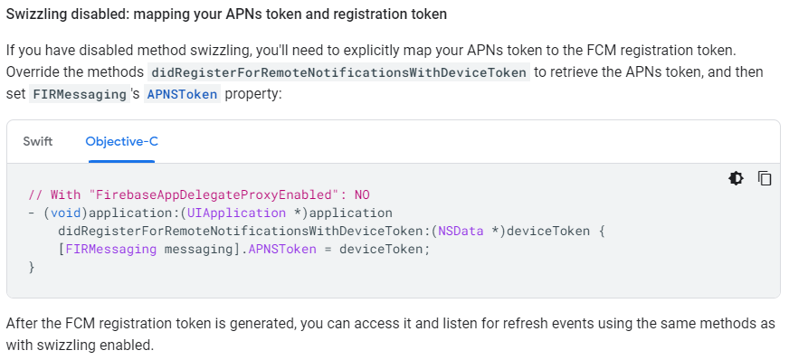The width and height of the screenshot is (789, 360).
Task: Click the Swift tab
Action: [37, 141]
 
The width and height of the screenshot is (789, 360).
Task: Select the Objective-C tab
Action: [122, 141]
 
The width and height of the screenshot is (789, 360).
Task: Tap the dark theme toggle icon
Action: [737, 178]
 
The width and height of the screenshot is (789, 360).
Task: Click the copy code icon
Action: [765, 178]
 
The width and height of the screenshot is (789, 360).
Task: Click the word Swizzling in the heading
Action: [40, 15]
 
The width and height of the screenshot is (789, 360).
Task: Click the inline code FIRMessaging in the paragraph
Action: [79, 94]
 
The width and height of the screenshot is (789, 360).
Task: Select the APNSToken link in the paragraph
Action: [181, 94]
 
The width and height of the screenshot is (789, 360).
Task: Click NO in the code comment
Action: [362, 194]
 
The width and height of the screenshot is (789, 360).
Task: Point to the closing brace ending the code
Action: [32, 267]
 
